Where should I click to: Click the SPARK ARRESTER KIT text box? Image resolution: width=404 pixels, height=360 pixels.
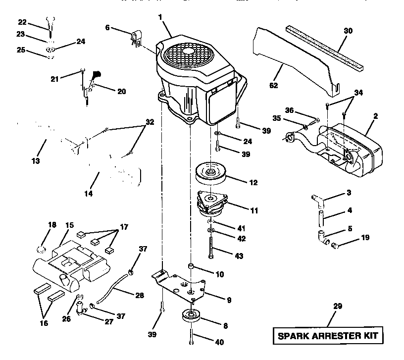(327, 335)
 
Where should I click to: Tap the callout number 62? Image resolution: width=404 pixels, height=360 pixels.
(274, 85)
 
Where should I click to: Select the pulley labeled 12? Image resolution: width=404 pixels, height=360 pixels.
(211, 173)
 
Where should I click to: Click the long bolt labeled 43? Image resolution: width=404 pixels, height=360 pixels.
(212, 246)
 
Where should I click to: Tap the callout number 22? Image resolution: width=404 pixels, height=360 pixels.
(22, 22)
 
